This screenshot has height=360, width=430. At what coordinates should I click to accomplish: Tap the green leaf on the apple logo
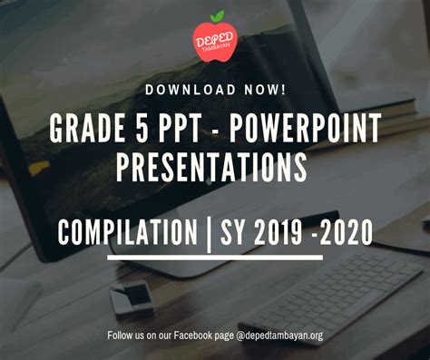click(217, 15)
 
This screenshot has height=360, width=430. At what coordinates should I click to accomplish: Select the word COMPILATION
click(127, 232)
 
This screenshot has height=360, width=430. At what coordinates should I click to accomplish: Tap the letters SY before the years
click(238, 232)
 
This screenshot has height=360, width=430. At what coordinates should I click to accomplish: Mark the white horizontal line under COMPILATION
click(214, 258)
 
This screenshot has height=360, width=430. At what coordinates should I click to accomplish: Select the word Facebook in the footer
click(196, 336)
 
